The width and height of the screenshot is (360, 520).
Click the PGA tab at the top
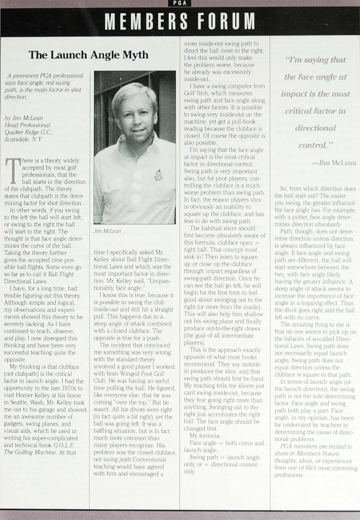[x=180, y=3]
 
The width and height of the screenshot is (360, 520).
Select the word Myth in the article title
[x=135, y=55]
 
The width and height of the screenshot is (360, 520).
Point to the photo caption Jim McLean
[x=107, y=231]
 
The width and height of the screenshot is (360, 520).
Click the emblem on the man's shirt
[x=158, y=175]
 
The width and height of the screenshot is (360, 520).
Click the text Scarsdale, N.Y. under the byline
[x=22, y=140]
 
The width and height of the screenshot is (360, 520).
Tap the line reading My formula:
[x=205, y=435]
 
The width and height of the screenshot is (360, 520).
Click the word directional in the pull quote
[x=316, y=128]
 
